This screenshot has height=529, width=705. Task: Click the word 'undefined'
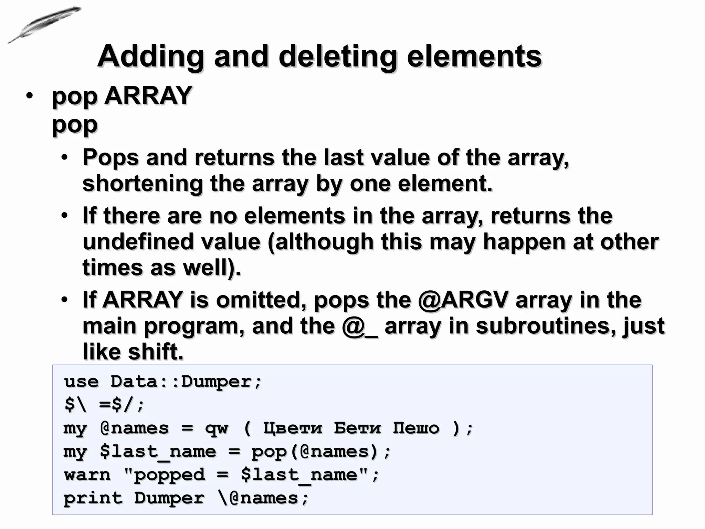(x=138, y=241)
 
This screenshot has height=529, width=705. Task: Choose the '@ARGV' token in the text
(x=463, y=300)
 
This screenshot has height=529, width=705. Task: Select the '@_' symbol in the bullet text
(x=359, y=326)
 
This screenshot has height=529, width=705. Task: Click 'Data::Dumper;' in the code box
(x=186, y=382)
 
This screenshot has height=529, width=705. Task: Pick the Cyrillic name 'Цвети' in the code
(x=293, y=428)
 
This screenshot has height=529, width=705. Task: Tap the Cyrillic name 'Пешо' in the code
(x=416, y=428)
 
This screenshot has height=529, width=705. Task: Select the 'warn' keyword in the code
(x=87, y=475)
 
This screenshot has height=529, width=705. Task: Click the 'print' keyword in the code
(x=93, y=498)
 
